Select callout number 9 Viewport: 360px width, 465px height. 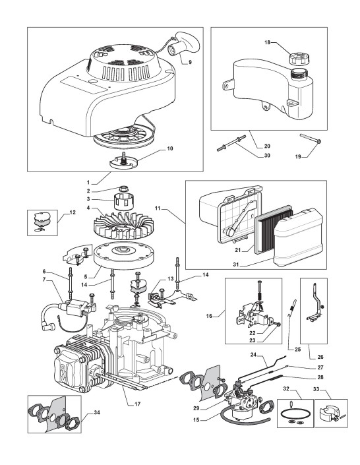click(x=190, y=62)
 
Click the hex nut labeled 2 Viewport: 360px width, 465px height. click(x=123, y=188)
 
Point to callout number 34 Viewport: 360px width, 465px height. click(x=97, y=412)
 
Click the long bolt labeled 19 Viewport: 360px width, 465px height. click(x=311, y=139)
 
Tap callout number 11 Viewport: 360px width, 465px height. click(x=158, y=208)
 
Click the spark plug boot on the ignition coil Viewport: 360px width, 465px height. click(x=49, y=326)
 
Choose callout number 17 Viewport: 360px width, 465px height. click(x=137, y=404)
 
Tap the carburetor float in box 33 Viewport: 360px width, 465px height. click(x=328, y=414)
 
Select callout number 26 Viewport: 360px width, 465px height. click(x=320, y=357)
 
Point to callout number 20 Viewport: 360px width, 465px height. click(x=267, y=146)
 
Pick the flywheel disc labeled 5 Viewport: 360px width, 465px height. click(x=125, y=257)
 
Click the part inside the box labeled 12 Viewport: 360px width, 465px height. click(x=42, y=222)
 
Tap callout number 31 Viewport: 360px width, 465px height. click(x=236, y=264)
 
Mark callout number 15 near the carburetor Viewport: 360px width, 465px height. click(x=196, y=420)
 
